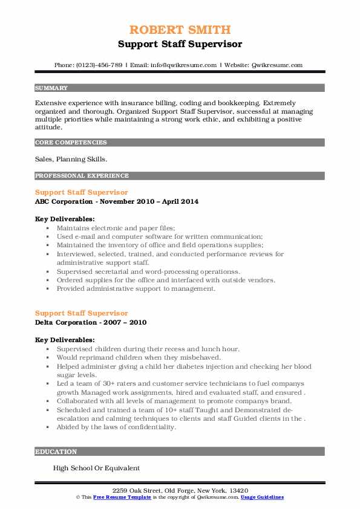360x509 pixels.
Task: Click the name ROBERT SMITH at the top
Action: tap(180, 30)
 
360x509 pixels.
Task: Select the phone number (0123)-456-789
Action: tap(98, 65)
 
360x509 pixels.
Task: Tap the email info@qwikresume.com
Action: tap(181, 65)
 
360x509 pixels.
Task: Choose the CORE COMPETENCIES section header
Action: tap(71, 143)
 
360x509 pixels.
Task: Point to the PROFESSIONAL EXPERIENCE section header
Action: tap(82, 175)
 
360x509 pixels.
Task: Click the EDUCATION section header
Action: tap(56, 452)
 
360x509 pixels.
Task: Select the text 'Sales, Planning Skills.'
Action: tap(70, 159)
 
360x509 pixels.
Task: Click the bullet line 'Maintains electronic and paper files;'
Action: tap(116, 229)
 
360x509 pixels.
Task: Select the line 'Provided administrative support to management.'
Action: tap(136, 289)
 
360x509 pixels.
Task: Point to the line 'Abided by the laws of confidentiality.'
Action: tap(117, 427)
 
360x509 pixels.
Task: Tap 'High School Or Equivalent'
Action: tap(96, 468)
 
